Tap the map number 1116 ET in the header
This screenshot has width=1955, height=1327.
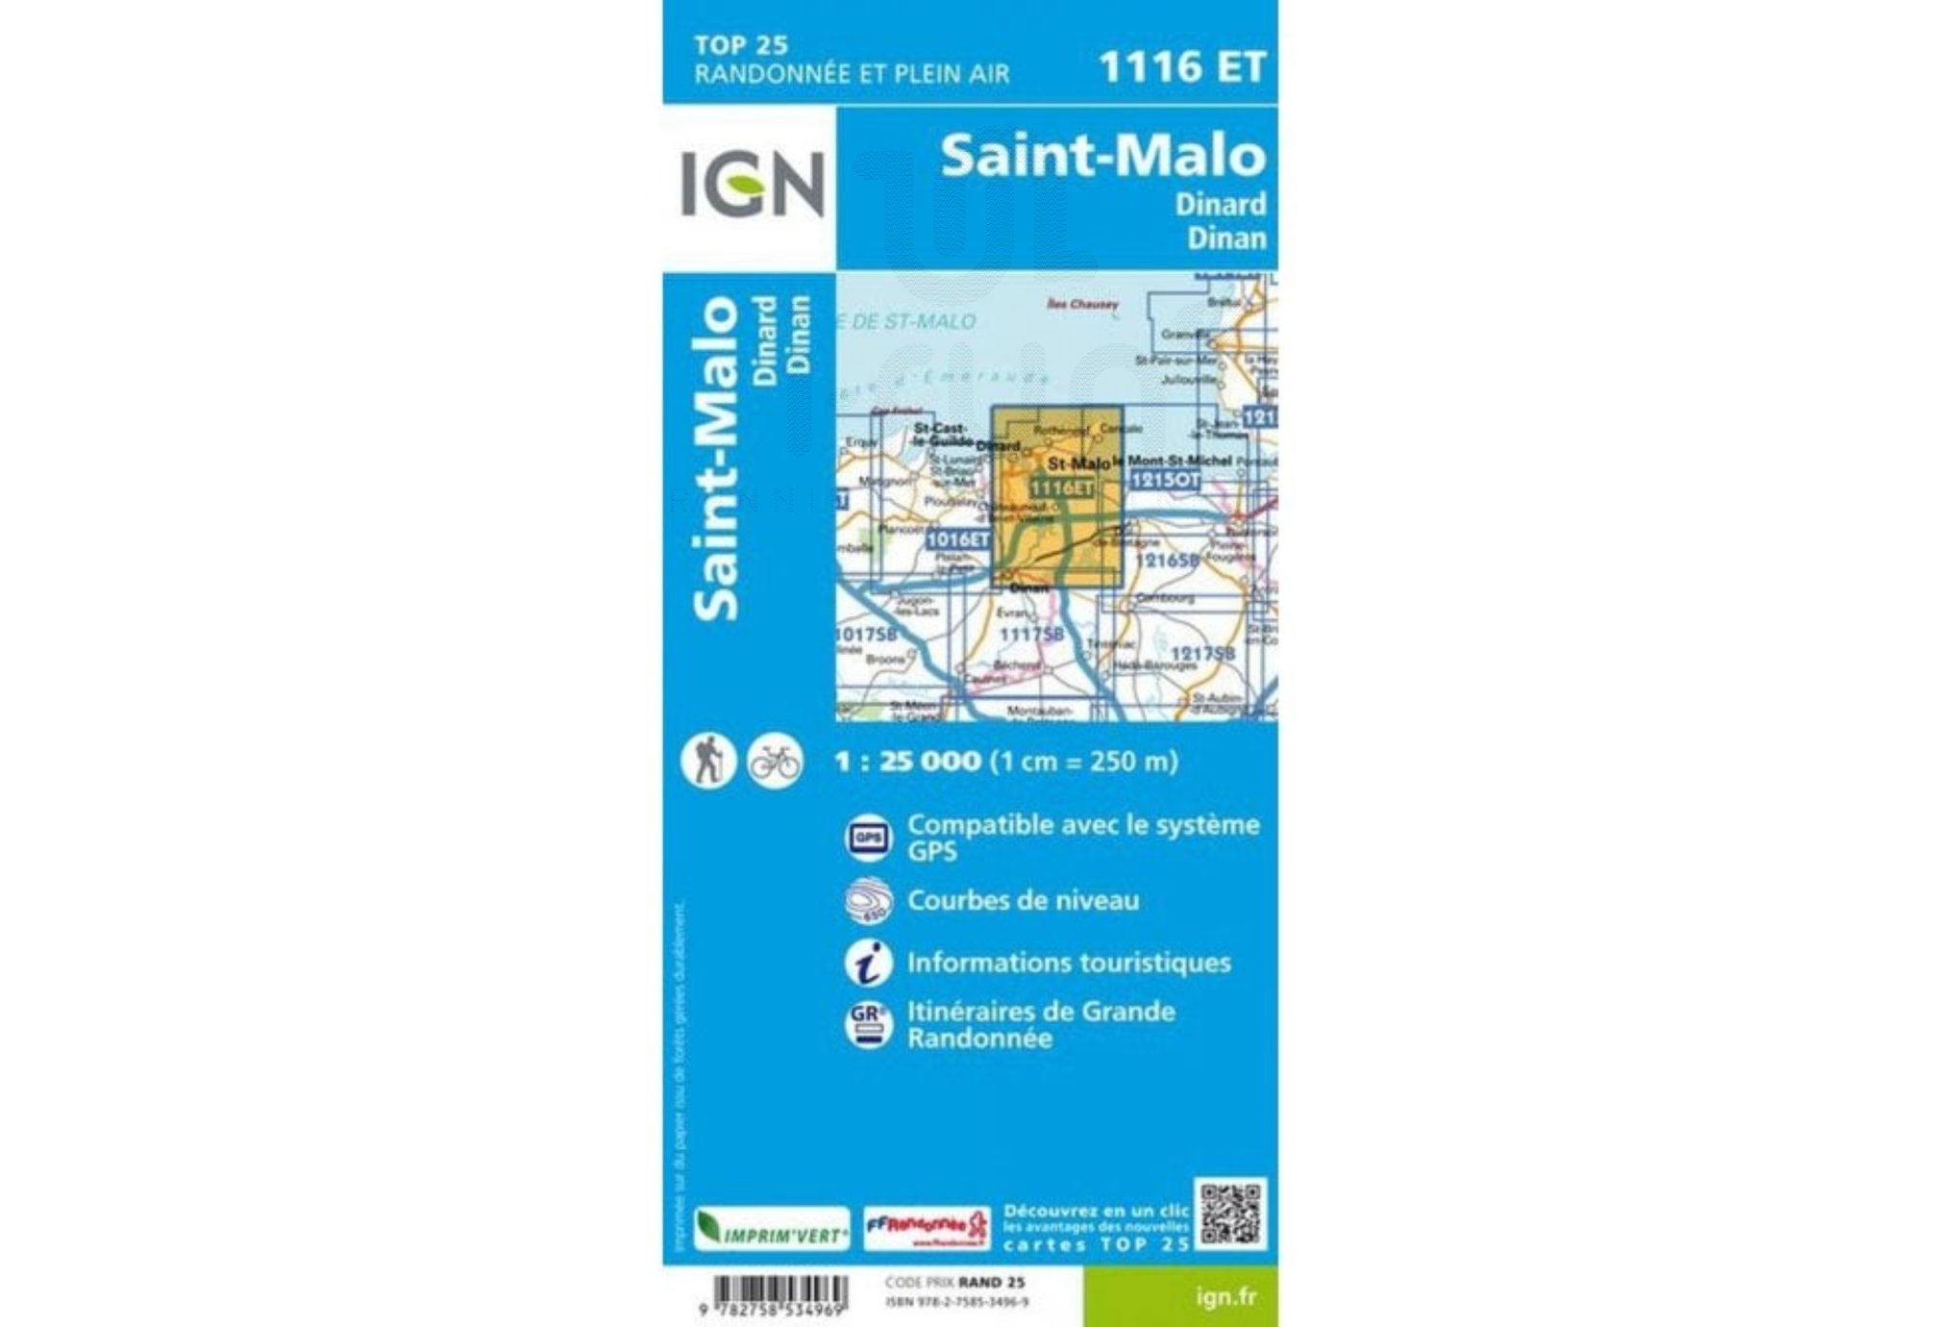click(1181, 67)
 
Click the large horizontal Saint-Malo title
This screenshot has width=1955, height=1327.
click(1102, 156)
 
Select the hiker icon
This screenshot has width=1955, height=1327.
click(708, 761)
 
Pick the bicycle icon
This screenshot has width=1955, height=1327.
click(775, 762)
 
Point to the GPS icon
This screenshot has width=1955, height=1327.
click(868, 838)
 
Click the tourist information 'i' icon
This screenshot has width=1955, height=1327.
click(868, 963)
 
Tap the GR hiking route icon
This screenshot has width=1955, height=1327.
click(868, 1024)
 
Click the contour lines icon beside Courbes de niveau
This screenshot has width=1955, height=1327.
click(868, 901)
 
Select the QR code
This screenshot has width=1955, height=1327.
click(1230, 1214)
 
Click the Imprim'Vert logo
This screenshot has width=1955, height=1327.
click(772, 1230)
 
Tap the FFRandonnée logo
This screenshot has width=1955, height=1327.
click(927, 1229)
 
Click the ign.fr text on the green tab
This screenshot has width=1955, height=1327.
click(1225, 1297)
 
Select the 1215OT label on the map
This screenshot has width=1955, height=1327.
click(1165, 480)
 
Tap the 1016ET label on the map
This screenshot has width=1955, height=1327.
click(957, 539)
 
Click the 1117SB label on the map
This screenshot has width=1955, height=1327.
click(1031, 635)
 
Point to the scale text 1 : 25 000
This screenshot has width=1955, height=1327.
click(907, 762)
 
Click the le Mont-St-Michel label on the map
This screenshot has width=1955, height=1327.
click(1173, 461)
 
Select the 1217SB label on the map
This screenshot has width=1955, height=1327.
click(1202, 654)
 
